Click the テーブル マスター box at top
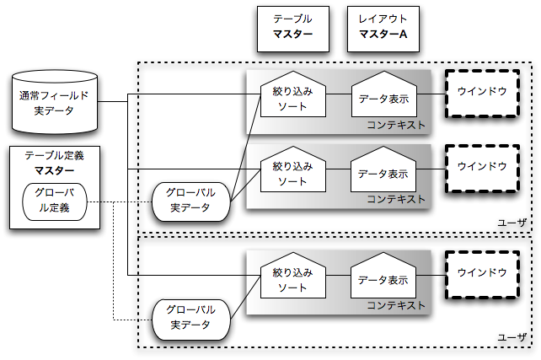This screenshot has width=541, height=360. pos(292,27)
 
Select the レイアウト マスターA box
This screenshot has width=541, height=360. pos(383,27)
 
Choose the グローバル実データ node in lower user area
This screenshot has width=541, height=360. pos(192,318)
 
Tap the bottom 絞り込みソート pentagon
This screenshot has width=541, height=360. pos(292,277)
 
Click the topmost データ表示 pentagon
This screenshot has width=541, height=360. pos(383,95)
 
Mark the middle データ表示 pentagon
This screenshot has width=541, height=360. pos(383,172)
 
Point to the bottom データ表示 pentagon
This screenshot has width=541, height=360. pos(383,278)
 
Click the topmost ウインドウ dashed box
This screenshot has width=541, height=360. pos(481,90)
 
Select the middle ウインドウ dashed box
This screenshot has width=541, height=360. pos(481,167)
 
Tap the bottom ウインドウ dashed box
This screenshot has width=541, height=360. pos(481,272)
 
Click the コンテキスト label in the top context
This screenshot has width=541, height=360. pos(396,125)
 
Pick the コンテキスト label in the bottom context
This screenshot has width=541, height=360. pos(396,305)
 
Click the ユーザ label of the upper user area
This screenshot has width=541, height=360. pos(512,222)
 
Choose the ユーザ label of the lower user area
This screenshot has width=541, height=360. pos(512,337)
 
